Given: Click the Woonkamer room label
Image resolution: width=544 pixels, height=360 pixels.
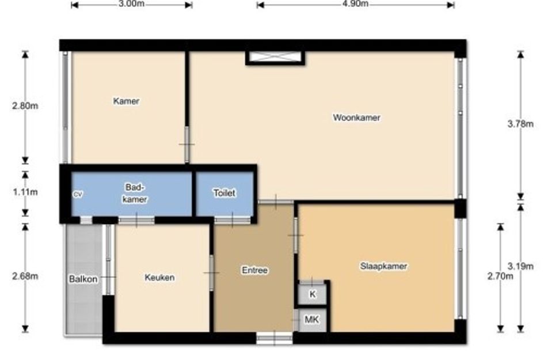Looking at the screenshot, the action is click(x=356, y=118).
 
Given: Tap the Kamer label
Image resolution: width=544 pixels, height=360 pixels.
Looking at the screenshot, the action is click(x=126, y=101).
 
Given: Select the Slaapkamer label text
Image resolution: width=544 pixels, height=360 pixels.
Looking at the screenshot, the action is click(x=383, y=266).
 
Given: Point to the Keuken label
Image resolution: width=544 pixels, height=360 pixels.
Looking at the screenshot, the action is click(x=159, y=278).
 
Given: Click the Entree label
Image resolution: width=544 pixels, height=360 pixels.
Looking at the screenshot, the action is click(x=254, y=270).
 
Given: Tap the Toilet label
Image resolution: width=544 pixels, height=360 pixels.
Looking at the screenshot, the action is click(x=224, y=193).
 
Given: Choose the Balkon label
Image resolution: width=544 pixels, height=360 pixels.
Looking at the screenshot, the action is click(x=83, y=279).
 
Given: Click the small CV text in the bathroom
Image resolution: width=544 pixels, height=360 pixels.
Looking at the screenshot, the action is click(x=78, y=195).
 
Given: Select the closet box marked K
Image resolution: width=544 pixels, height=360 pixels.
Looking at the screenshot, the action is click(x=312, y=294).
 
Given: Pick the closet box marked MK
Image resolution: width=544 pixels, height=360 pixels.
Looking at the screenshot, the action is click(x=311, y=319).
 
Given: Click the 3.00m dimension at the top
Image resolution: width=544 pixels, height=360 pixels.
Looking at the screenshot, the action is click(x=131, y=4).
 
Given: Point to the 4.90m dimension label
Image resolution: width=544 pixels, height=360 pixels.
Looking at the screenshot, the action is click(x=355, y=4).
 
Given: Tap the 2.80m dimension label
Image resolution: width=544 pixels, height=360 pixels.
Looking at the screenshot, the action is click(x=25, y=106).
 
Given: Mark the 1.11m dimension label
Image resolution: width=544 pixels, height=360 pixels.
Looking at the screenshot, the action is click(x=25, y=192).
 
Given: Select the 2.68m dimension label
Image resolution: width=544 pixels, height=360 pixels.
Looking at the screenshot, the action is click(x=25, y=276).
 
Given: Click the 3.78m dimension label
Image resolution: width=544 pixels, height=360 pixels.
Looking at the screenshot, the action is click(x=520, y=124).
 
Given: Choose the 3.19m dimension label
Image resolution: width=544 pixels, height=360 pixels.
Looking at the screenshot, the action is click(x=520, y=266).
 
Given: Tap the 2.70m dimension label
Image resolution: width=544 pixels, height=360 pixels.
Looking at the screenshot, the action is click(x=500, y=276).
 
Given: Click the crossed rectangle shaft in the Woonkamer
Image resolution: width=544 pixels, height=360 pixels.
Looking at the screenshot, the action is click(x=276, y=58).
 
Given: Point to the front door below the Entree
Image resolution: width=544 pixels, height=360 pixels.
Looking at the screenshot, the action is click(x=275, y=338).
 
